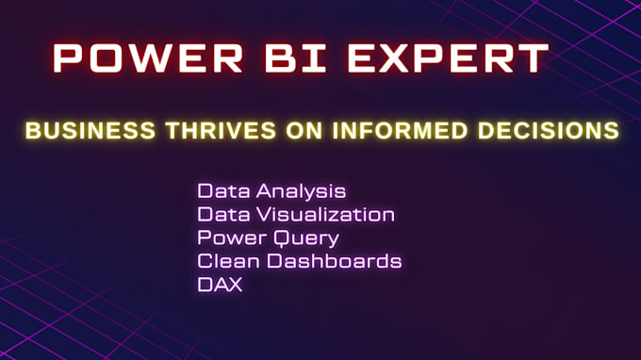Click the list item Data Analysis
pos(271,191)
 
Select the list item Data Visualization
pos(296,214)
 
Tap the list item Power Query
pos(268,237)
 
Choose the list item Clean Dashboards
pos(300,261)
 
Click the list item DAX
pos(220,284)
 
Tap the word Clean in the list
pos(226,261)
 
